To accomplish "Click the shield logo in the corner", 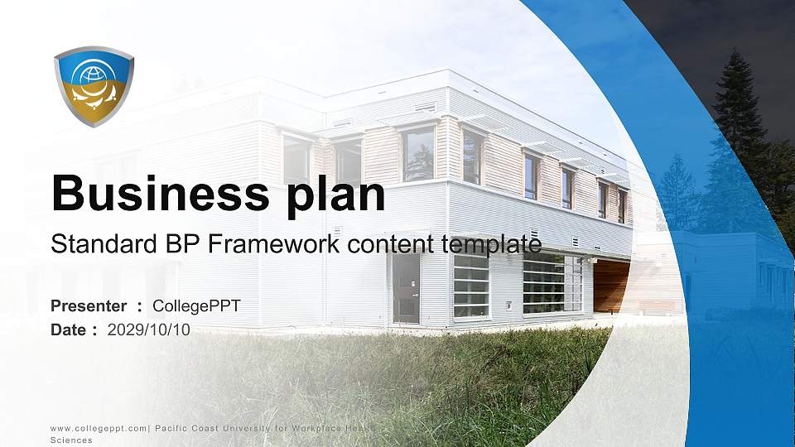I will click(94, 86).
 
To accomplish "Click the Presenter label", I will click(89, 306).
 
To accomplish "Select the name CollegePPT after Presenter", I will click(196, 306).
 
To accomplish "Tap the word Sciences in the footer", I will click(71, 440).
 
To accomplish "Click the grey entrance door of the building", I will click(406, 288).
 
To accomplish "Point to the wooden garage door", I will click(610, 286).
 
